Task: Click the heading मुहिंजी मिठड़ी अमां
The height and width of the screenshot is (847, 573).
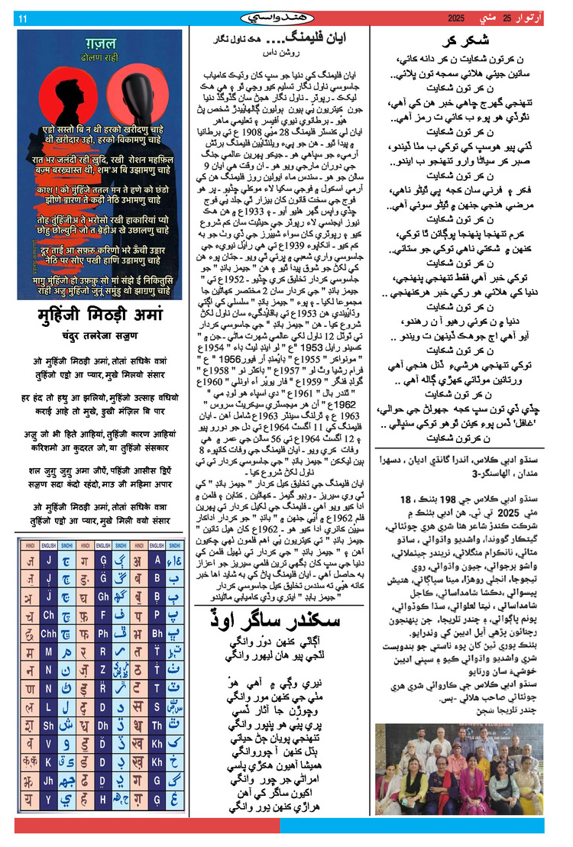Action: pyautogui.click(x=101, y=315)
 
